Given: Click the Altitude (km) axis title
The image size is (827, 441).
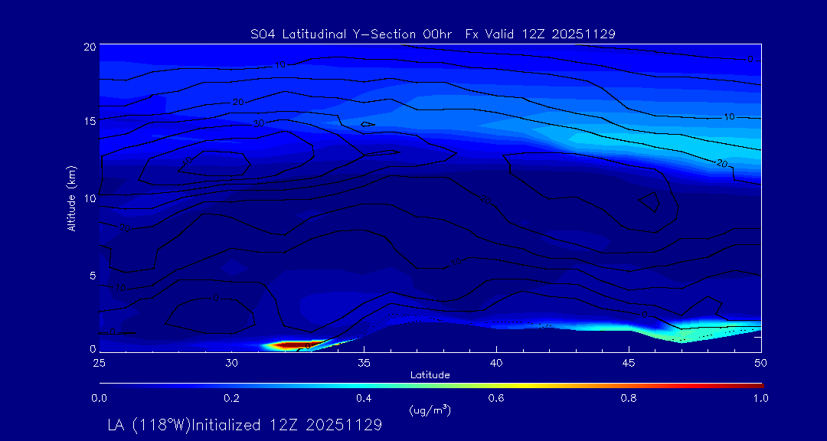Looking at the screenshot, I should click(x=72, y=198).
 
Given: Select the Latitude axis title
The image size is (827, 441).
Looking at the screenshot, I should click(x=430, y=374).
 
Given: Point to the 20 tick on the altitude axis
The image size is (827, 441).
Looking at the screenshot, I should click(x=89, y=47).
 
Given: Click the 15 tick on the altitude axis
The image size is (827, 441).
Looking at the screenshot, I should click(x=89, y=121).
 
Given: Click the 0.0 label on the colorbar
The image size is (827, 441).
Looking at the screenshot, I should click(x=99, y=398).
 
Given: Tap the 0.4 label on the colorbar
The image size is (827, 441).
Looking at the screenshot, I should click(x=364, y=398).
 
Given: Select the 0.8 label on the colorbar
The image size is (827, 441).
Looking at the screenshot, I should click(x=629, y=398).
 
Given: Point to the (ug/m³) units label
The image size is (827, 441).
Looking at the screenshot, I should click(x=430, y=410).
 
